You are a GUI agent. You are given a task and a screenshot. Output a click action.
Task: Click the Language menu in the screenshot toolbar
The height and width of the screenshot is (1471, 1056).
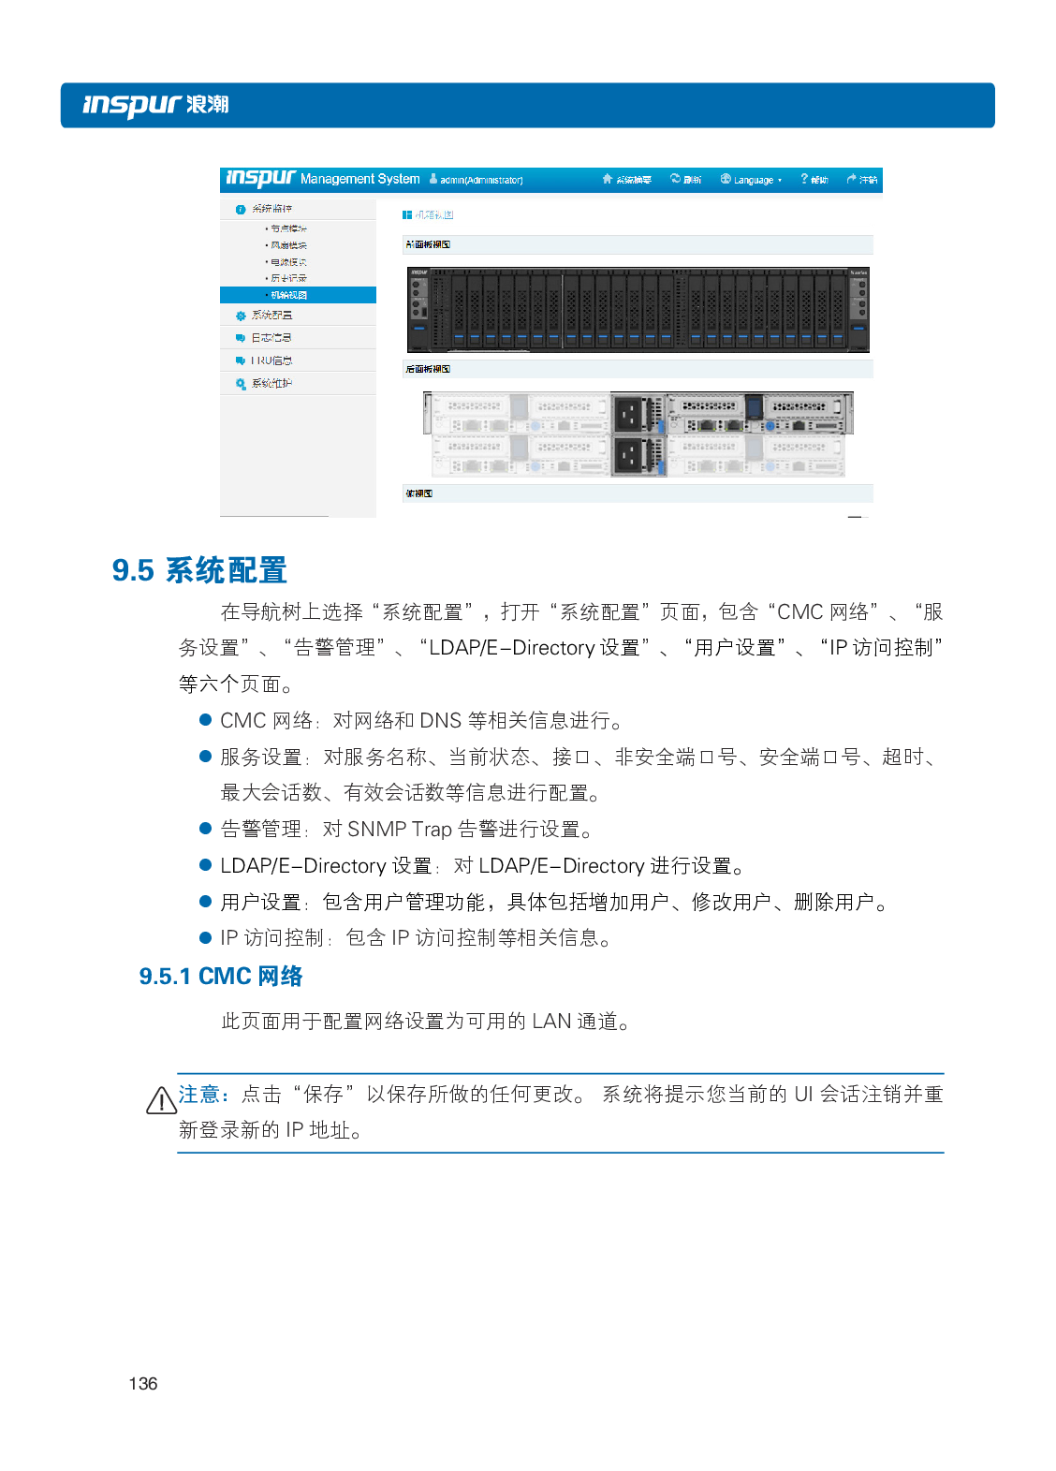[752, 180]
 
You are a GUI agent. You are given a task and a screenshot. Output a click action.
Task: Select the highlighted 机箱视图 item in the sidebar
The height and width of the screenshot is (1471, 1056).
[289, 295]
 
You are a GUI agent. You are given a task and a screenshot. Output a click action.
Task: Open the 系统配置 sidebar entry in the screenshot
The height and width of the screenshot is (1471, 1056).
[271, 316]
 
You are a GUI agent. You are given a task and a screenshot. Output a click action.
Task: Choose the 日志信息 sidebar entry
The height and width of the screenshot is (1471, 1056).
[271, 338]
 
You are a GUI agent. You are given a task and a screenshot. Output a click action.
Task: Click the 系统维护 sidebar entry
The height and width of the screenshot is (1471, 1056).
[271, 384]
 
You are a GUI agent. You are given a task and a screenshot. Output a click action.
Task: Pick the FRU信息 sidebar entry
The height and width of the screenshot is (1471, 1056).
[271, 360]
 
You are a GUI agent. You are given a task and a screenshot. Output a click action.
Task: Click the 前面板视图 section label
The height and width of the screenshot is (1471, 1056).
[429, 244]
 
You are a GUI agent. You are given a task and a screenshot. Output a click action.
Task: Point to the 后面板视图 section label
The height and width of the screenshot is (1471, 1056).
[429, 369]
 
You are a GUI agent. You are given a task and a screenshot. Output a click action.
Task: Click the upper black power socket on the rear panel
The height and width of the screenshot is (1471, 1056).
[628, 413]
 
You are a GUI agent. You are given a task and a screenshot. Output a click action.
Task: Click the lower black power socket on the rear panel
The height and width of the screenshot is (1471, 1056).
[628, 455]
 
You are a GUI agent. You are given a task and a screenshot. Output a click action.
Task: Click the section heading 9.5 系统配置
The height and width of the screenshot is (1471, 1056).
[199, 570]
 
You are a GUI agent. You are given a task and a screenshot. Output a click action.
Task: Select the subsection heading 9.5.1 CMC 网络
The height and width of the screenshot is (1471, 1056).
[221, 977]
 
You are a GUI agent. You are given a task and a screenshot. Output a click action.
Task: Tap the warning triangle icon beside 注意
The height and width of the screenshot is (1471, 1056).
[161, 1100]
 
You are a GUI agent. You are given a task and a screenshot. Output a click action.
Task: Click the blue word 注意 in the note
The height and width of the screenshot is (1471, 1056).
[198, 1095]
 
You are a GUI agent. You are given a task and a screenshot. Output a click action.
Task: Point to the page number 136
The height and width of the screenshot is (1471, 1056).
[143, 1384]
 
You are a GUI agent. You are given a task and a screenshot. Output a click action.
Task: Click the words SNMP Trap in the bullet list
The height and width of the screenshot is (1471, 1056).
[400, 830]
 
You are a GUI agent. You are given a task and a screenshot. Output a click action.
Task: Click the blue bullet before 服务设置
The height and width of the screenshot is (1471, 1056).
[206, 757]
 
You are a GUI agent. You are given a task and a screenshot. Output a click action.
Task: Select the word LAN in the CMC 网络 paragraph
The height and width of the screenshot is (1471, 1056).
[551, 1022]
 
